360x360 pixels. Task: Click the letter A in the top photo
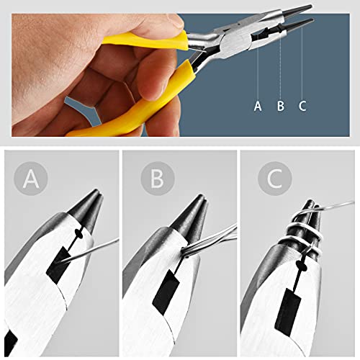pyautogui.click(x=258, y=106)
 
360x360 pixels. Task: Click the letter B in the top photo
pyautogui.click(x=280, y=106)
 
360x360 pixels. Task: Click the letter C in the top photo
pyautogui.click(x=302, y=106)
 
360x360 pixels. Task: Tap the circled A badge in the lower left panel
pyautogui.click(x=31, y=179)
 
